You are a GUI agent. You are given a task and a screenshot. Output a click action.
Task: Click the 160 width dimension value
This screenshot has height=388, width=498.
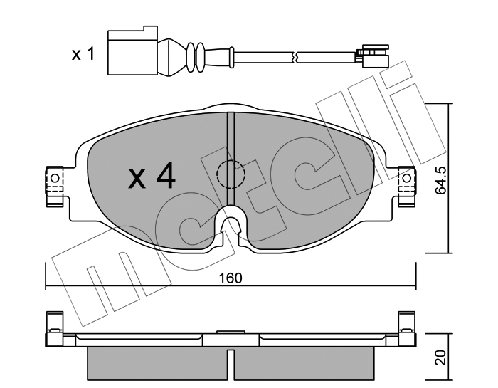231,278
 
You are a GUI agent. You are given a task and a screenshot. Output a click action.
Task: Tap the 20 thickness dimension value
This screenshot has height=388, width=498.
441,357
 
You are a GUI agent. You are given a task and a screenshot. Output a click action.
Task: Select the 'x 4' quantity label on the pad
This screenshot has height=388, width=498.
152,175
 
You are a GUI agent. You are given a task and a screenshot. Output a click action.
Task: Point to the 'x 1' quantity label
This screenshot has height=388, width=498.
83,53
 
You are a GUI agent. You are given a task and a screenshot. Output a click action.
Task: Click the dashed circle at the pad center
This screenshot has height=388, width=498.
231,174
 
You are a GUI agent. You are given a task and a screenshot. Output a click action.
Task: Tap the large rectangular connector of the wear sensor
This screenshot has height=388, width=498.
132,51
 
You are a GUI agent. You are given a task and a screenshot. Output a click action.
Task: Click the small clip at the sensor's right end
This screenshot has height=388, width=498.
373,56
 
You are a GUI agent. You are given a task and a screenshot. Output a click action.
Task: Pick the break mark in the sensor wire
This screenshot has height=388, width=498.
295,57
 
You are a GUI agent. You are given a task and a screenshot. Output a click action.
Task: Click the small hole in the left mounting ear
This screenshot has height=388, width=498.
55,178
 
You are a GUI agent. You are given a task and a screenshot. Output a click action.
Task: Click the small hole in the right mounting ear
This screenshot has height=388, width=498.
407,178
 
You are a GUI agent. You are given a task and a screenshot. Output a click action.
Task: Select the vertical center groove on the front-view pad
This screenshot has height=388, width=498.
231,159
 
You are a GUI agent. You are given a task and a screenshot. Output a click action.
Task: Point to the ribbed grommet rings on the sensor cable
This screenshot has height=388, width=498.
196,56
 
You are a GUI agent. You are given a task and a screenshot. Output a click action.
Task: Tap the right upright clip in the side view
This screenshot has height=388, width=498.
406,329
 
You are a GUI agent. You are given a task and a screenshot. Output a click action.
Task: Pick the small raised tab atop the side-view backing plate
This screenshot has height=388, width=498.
231,332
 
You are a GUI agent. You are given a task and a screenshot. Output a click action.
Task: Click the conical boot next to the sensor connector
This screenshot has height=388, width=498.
171,58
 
